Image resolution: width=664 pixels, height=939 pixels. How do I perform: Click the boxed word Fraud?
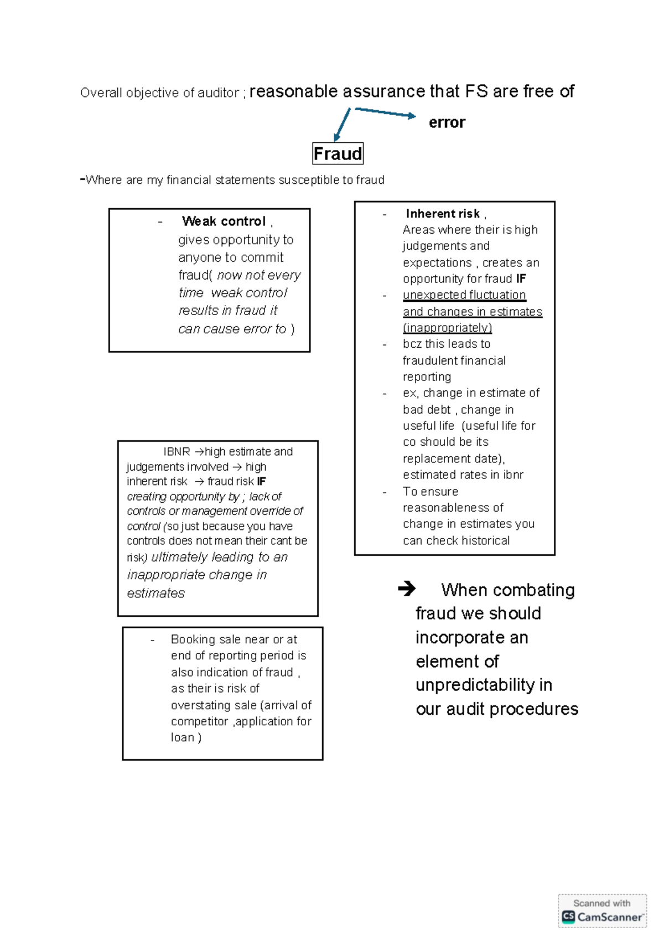click(x=338, y=153)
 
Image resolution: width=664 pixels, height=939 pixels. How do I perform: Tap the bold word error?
click(x=447, y=122)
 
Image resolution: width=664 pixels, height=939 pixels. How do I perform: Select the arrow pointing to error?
click(x=385, y=112)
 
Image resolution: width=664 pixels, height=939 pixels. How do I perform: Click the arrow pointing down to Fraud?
click(x=342, y=125)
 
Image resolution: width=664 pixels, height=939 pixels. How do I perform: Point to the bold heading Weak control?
click(x=224, y=221)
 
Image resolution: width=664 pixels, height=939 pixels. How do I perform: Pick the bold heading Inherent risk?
click(x=443, y=214)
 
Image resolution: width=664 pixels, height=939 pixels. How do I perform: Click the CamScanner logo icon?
click(x=568, y=916)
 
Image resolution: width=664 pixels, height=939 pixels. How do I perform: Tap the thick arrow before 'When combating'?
click(x=407, y=589)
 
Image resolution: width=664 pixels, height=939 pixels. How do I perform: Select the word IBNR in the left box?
click(x=177, y=452)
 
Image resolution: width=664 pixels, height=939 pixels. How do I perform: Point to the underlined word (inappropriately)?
click(x=447, y=328)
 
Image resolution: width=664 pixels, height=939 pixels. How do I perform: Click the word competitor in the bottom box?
click(x=199, y=721)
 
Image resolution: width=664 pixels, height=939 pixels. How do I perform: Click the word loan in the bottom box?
click(x=182, y=737)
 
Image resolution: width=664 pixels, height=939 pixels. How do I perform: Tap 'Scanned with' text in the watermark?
click(x=601, y=903)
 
